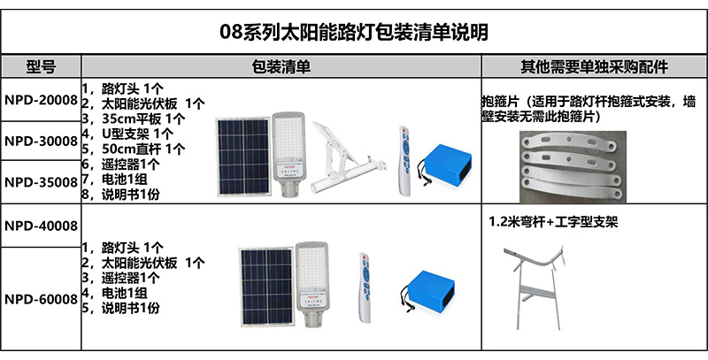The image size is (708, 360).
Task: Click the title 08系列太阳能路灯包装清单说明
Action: pyautogui.click(x=354, y=33)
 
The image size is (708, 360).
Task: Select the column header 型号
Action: pyautogui.click(x=42, y=67)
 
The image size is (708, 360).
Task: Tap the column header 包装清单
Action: pyautogui.click(x=281, y=67)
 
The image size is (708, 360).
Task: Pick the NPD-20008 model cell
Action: pyautogui.click(x=41, y=98)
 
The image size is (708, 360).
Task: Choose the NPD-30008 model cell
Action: pyautogui.click(x=41, y=141)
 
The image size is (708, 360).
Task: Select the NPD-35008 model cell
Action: pyautogui.click(x=41, y=182)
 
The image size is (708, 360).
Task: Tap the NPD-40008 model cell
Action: pyautogui.click(x=41, y=226)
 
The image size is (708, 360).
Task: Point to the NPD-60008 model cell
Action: pyautogui.click(x=41, y=299)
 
